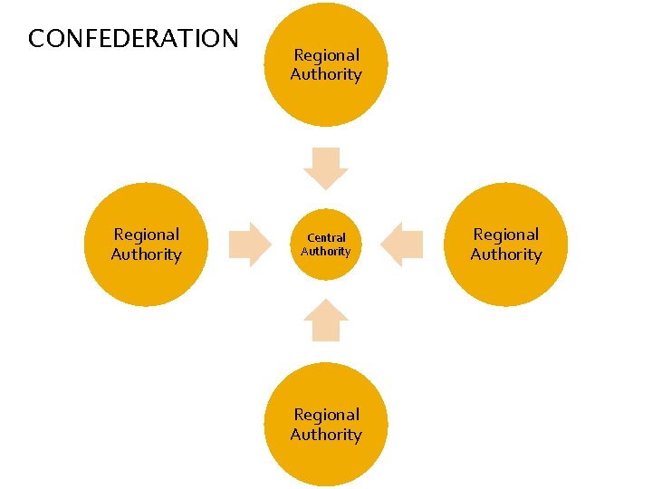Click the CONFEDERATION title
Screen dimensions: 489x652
coord(133,39)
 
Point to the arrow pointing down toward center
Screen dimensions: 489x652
coord(326,168)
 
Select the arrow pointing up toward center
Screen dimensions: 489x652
coord(326,321)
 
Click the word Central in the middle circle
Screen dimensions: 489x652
coord(326,238)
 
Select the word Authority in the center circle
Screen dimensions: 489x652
coord(326,252)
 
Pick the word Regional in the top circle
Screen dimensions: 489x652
coord(326,55)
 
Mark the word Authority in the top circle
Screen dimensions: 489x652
coord(326,75)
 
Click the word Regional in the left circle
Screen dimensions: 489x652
coord(147,235)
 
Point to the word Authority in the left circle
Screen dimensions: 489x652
coord(147,254)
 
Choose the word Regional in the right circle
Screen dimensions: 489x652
coord(505,235)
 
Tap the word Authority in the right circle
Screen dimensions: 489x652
coord(505,254)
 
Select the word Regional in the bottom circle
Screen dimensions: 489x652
coord(326,415)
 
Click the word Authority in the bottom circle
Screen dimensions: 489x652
coord(326,435)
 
